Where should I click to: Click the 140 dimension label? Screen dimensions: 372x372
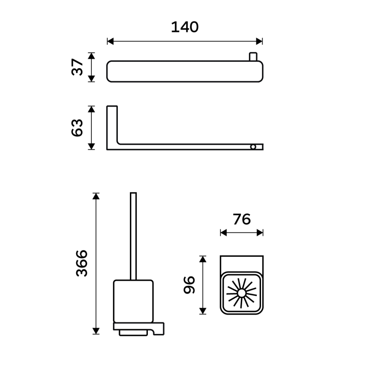185,27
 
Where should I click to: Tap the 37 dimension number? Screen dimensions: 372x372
78,67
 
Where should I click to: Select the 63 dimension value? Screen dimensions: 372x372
78,128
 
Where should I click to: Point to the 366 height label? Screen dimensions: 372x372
81,263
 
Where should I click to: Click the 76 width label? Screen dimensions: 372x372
241,219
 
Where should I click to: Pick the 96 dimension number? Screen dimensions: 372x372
189,285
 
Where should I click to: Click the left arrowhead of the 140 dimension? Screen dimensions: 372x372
110,41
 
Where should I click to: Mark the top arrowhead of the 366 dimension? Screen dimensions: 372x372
96,196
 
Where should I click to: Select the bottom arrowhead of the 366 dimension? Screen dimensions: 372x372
96,331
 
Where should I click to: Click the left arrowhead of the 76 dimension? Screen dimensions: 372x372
223,232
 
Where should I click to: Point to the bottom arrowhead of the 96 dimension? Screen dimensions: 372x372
203,311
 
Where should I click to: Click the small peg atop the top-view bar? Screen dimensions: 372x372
252,57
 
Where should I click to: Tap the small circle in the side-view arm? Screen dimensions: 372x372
253,147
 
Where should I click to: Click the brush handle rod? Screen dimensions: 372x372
133,236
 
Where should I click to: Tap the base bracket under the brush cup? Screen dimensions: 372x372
138,328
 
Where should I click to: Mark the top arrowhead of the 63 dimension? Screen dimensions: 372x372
91,109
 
